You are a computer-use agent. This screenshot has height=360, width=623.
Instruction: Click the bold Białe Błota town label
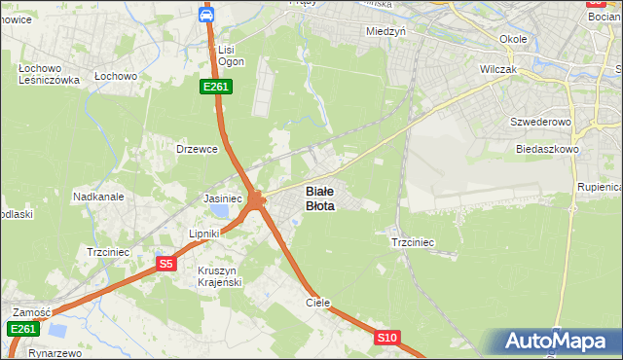(x=320, y=198)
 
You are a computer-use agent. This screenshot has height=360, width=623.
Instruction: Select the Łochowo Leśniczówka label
(x=48, y=74)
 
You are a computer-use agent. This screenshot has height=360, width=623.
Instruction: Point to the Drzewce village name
(x=195, y=149)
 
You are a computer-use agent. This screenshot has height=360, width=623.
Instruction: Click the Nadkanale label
(x=98, y=196)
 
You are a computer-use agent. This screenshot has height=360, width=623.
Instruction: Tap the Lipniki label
(x=206, y=234)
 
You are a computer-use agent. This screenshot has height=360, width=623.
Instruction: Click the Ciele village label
(x=318, y=303)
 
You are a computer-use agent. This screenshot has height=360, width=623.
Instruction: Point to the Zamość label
(x=31, y=311)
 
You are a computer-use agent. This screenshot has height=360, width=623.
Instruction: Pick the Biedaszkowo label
(x=547, y=150)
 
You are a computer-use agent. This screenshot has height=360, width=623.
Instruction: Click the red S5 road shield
(x=166, y=264)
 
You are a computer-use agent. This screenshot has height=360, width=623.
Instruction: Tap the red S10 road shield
(x=387, y=338)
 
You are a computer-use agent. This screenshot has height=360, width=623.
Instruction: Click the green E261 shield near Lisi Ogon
(x=216, y=87)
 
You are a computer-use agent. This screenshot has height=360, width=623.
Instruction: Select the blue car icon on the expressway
(x=206, y=15)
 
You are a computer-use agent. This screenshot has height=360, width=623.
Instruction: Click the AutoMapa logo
(x=560, y=342)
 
